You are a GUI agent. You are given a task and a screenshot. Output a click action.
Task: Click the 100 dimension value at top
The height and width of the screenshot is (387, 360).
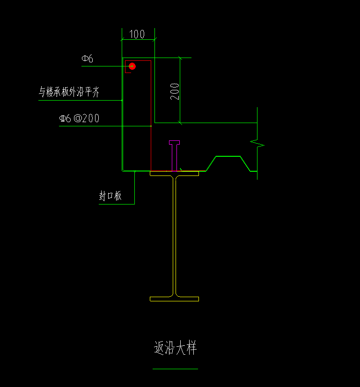coord(137,34)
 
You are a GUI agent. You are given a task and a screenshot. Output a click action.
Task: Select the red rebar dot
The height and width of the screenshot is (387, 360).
coord(132,66)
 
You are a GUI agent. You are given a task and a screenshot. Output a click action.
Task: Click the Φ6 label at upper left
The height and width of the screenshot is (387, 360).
coord(88,59)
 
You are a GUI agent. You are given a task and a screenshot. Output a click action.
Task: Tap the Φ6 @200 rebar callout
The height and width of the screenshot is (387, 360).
coord(79,118)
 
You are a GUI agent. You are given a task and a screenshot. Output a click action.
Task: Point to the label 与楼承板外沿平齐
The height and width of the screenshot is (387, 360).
coord(69,92)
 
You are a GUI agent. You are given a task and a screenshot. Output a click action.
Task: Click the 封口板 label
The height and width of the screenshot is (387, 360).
coord(110,196)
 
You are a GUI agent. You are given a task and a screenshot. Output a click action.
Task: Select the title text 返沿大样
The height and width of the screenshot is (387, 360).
coord(175,348)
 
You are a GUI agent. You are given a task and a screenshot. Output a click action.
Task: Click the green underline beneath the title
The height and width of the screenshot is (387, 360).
coord(175,369)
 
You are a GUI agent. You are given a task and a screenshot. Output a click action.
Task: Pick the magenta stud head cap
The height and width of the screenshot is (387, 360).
coord(175,142)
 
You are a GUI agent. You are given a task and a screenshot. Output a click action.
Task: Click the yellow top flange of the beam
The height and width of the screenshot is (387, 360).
coord(174,174)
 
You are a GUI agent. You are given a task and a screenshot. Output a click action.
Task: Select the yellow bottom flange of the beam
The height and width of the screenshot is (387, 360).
coord(174,299)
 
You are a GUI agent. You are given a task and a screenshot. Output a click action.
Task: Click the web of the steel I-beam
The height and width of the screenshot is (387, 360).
coord(175,234)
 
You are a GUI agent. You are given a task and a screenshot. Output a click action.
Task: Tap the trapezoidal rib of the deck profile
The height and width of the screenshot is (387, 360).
coord(228,156)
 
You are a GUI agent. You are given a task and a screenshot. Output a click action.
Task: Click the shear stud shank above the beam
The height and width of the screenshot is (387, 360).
coord(175,157)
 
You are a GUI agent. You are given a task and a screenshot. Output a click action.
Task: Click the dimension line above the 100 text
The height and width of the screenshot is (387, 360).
coord(138,40)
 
